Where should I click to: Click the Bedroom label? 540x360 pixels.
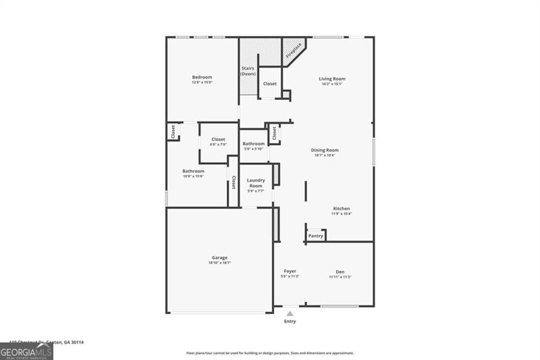coord(202,77)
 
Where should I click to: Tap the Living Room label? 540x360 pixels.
coord(332,79)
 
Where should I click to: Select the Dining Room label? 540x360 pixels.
coord(325,150)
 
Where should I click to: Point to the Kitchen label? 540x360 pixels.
coord(342,209)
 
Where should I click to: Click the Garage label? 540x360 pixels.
coord(219,257)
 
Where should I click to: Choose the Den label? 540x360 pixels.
coord(340,272)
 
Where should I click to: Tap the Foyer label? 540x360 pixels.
coord(290,272)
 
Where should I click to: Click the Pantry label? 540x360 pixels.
coord(316,236)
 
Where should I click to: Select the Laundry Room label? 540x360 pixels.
coord(256,183)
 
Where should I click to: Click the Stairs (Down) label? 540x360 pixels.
coord(247,71)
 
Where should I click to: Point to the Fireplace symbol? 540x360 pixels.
coord(293,50)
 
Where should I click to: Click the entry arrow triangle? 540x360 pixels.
coord(290,314)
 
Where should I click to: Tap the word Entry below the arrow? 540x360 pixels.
coord(290,322)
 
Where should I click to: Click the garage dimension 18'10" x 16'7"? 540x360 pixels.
coord(219,263)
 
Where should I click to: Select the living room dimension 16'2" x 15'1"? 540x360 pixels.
coord(332,84)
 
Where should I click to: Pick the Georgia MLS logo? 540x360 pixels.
coord(27,351)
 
